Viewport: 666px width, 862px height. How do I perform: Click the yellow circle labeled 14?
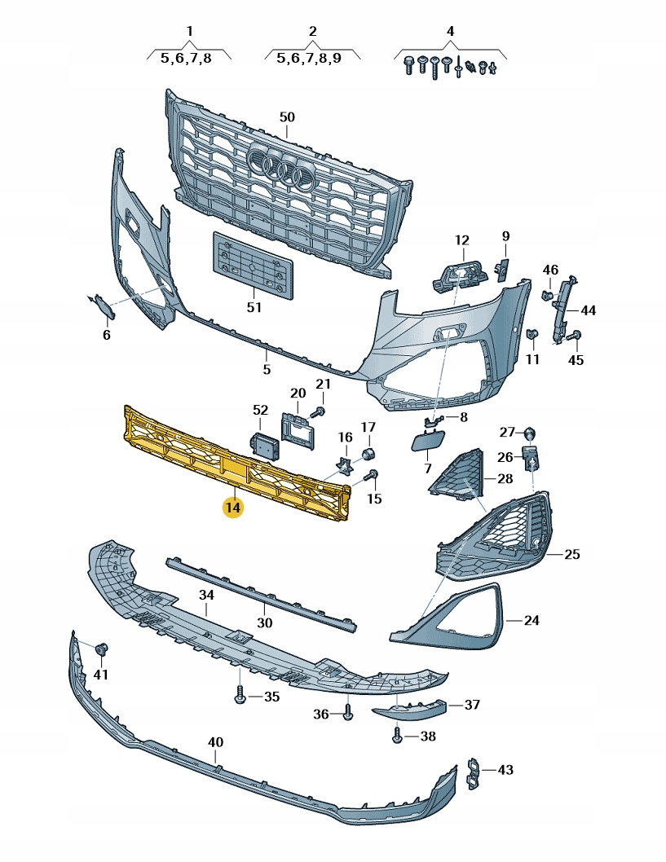(233, 508)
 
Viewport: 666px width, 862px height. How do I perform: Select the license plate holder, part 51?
(253, 264)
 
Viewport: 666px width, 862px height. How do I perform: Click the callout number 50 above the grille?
(287, 117)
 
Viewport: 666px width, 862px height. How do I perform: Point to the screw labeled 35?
(240, 697)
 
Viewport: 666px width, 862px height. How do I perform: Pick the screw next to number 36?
(348, 714)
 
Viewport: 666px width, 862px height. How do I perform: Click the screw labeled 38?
(397, 736)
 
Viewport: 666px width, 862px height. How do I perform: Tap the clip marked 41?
(103, 649)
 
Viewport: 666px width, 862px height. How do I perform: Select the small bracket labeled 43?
(474, 773)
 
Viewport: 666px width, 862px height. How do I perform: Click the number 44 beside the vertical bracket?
(588, 310)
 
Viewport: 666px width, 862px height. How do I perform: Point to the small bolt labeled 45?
(576, 335)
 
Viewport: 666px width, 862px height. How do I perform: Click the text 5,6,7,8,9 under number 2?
(309, 58)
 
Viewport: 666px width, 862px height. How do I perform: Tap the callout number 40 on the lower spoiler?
(215, 742)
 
